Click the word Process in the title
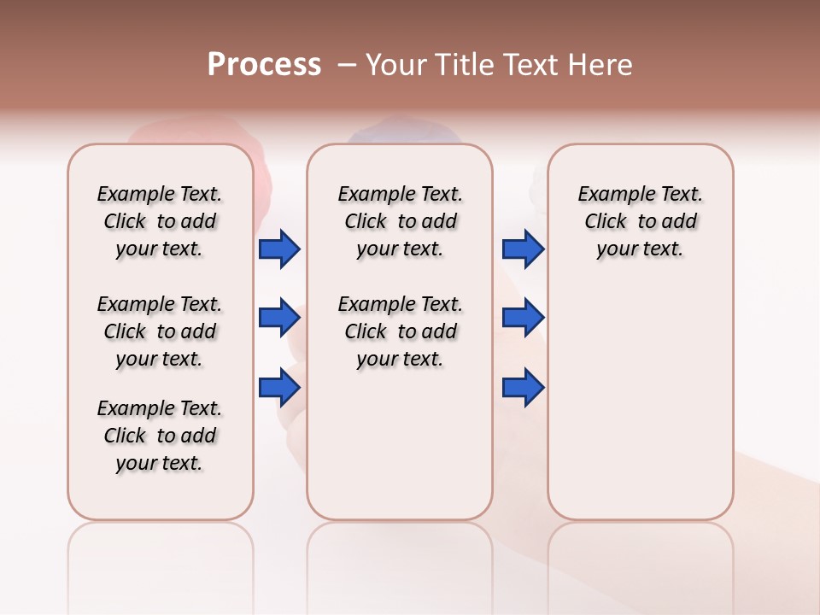264,64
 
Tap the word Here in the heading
600,64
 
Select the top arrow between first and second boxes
279,249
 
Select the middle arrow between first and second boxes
279,318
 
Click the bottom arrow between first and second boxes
279,388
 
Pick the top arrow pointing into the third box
523,249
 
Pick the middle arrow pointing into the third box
523,318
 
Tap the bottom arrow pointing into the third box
523,388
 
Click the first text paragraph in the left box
160,221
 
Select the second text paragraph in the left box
160,331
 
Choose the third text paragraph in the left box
160,436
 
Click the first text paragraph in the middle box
400,221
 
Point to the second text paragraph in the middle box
400,331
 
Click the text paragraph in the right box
640,221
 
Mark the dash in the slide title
347,65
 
